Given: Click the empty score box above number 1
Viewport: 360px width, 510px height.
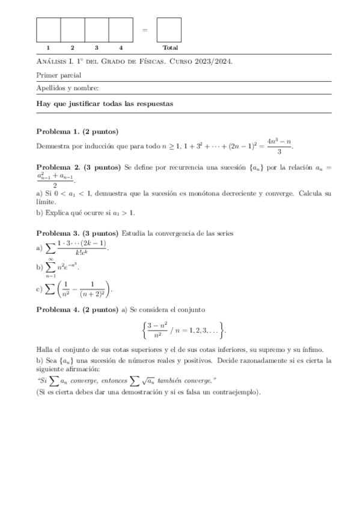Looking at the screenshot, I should [x=48, y=29].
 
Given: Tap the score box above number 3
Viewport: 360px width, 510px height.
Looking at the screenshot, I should [x=96, y=29].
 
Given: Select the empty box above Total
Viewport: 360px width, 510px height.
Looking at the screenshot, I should [x=169, y=29].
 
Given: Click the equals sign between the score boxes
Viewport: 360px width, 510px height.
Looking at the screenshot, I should [x=145, y=29].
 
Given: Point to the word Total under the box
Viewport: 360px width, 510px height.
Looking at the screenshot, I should [x=170, y=48].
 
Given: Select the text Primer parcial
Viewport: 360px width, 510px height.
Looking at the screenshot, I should [x=59, y=75].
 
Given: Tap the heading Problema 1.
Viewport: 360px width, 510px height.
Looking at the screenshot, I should [x=58, y=132].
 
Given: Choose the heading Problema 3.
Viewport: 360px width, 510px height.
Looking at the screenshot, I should [x=58, y=233].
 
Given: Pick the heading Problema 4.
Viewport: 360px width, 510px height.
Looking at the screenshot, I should [x=58, y=310].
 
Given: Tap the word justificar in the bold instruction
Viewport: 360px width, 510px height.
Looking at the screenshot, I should [x=93, y=103].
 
